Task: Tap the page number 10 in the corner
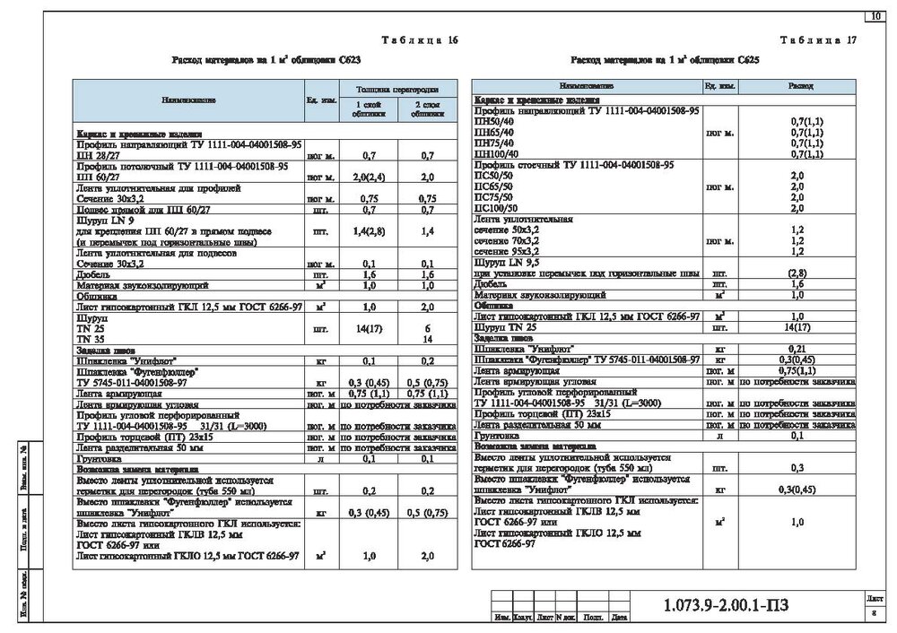[x=874, y=15]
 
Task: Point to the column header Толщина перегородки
[x=397, y=91]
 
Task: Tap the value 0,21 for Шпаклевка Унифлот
[x=797, y=348]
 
